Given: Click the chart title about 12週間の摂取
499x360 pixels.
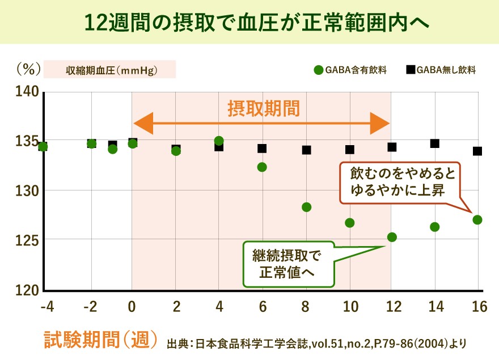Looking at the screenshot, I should [x=249, y=22].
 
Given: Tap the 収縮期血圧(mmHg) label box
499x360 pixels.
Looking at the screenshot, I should [x=111, y=70].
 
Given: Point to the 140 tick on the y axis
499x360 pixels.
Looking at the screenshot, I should [x=28, y=91].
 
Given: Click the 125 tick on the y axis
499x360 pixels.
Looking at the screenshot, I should [x=28, y=240].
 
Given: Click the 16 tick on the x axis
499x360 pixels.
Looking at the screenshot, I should [x=479, y=307].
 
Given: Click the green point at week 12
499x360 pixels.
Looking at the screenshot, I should [x=392, y=237].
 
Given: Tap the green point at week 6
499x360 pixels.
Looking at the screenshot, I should [x=262, y=167].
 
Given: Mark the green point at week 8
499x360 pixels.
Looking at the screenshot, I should [x=307, y=207].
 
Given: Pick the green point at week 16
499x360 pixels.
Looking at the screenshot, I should [x=477, y=219].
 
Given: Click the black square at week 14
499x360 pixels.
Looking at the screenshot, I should [x=434, y=143].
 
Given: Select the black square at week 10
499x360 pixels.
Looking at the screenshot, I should [x=350, y=150].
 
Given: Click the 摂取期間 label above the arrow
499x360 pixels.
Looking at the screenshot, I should [x=264, y=108].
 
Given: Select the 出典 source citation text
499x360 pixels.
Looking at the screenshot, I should [x=318, y=344].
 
